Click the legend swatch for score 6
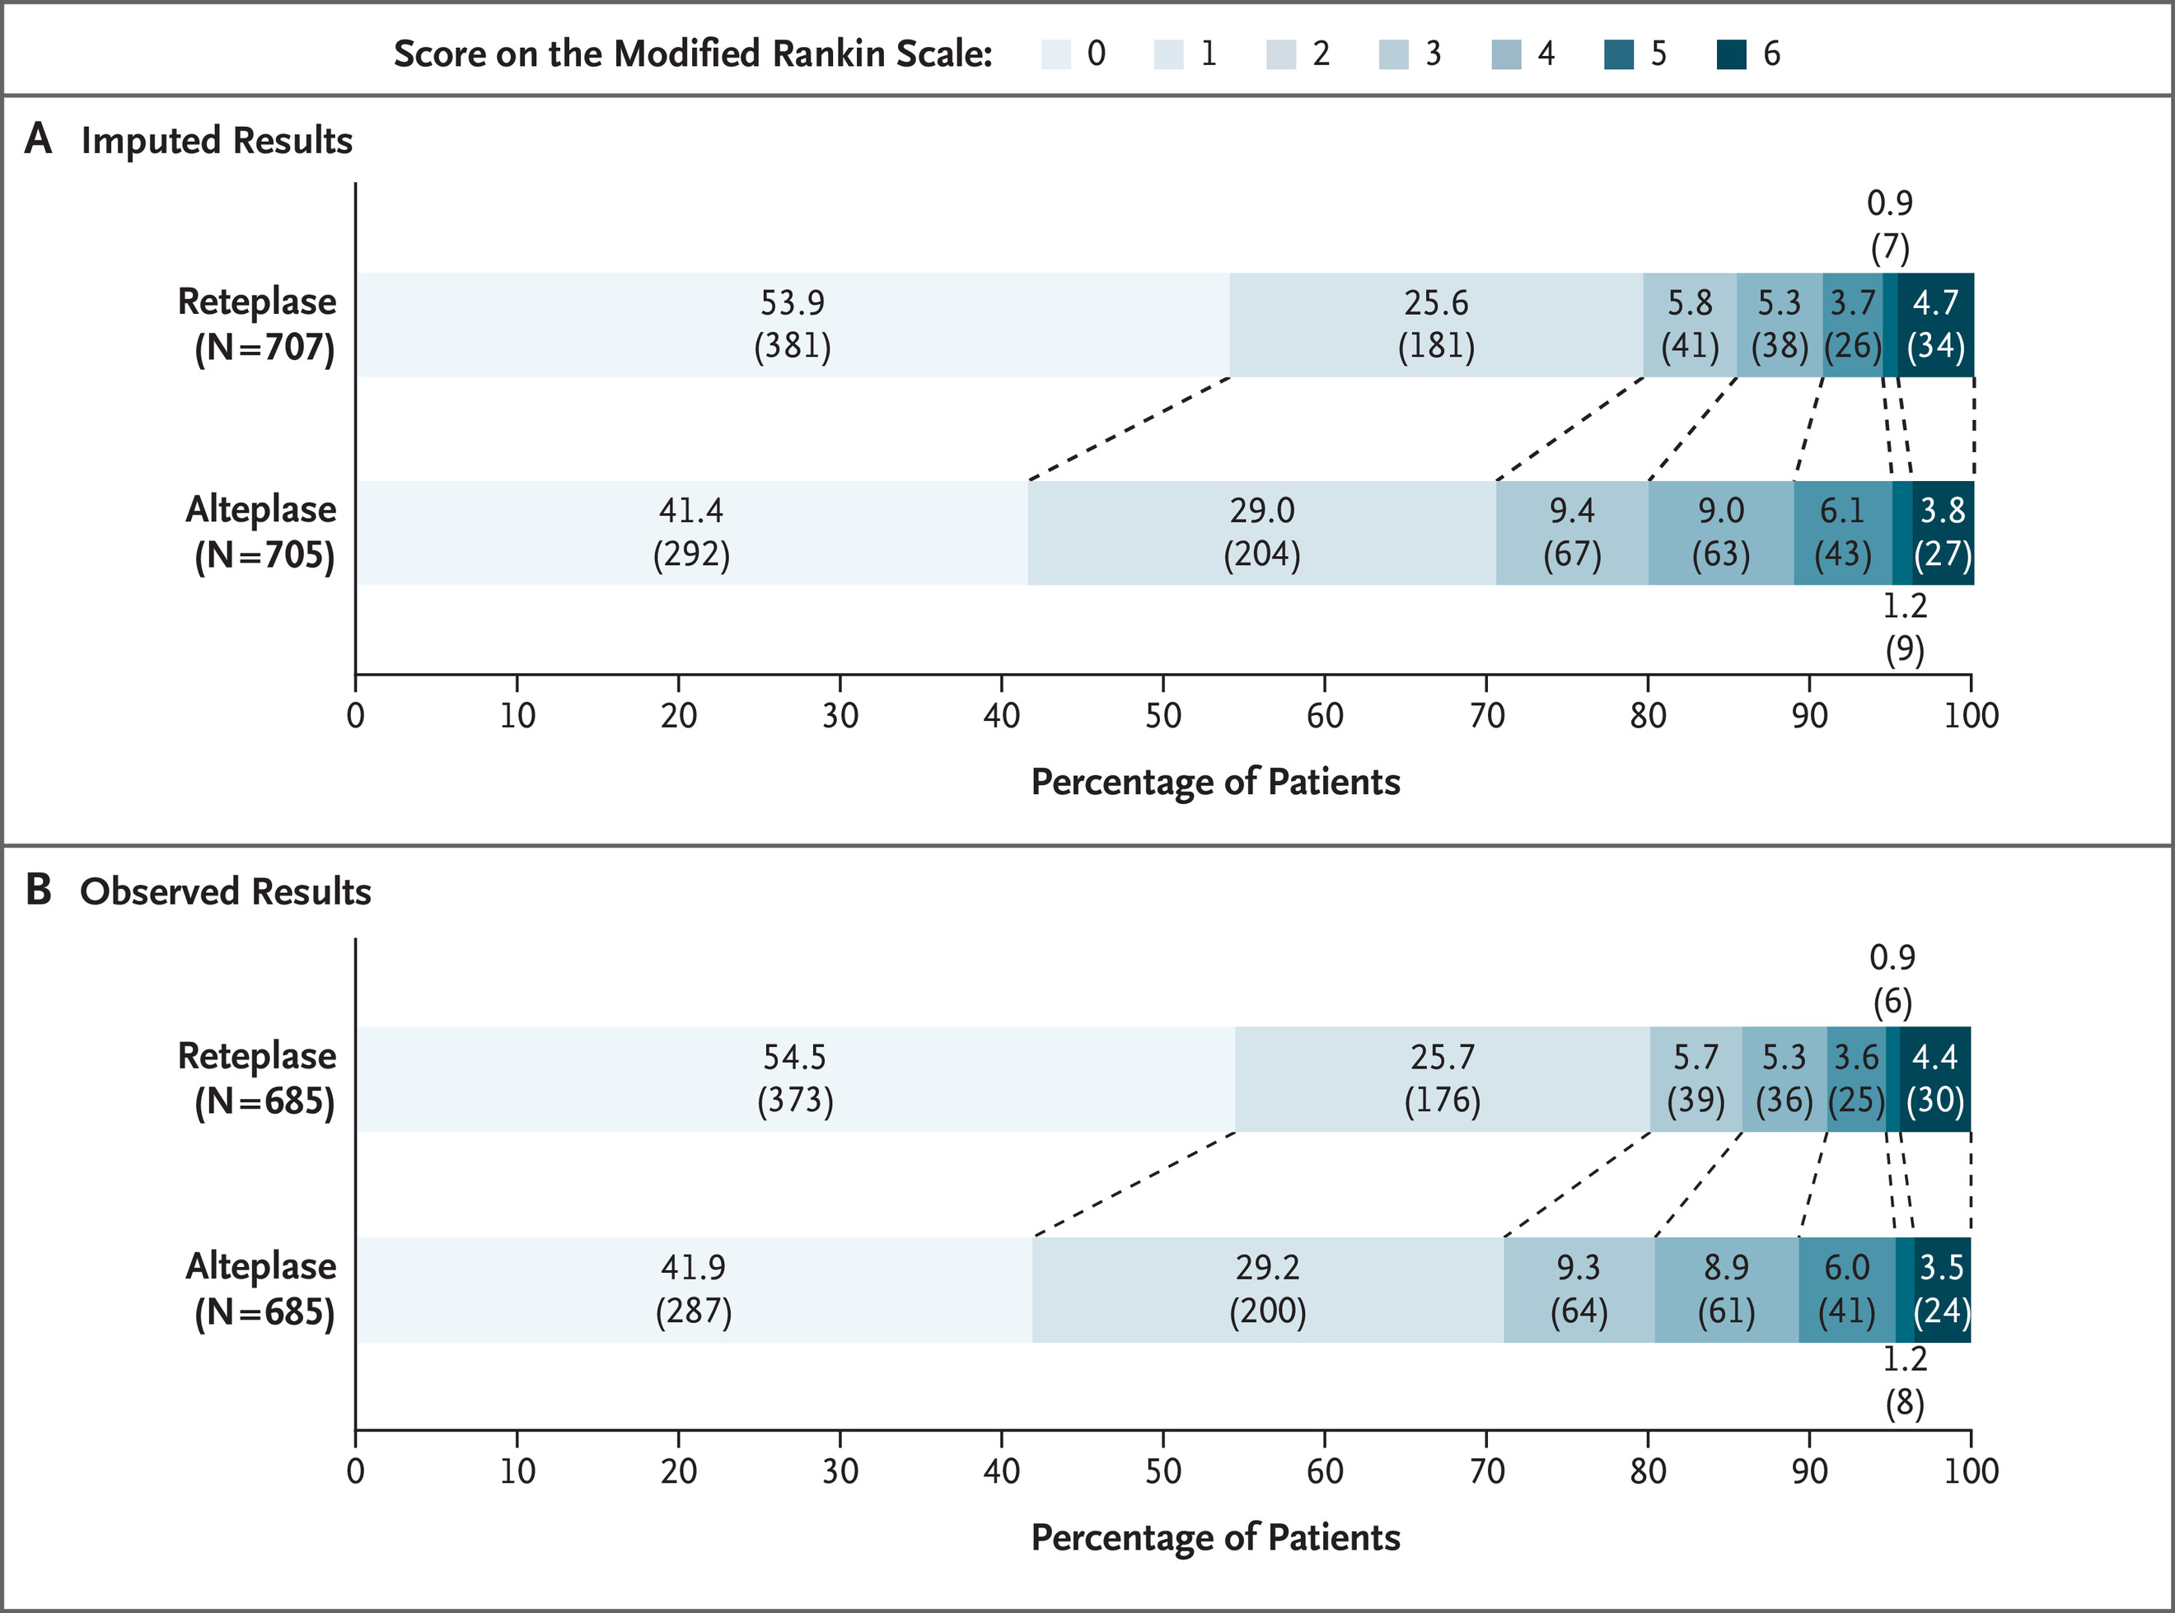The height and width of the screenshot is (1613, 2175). click(x=1731, y=54)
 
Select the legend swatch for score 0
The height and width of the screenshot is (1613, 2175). click(x=1056, y=54)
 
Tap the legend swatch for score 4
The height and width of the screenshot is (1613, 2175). click(x=1506, y=54)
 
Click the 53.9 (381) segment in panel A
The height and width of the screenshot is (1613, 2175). click(x=792, y=324)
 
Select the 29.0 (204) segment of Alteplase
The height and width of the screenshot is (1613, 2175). click(x=1261, y=532)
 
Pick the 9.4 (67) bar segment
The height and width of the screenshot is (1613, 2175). click(x=1572, y=532)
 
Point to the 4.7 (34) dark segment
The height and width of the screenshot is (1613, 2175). click(x=1935, y=324)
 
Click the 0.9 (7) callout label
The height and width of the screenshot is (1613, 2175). click(x=1890, y=225)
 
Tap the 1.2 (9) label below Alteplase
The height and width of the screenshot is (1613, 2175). click(x=1904, y=628)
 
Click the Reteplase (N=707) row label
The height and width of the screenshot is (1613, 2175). click(x=259, y=324)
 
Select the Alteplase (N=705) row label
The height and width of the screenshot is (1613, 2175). click(x=262, y=532)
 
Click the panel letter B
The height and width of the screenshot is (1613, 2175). click(x=38, y=890)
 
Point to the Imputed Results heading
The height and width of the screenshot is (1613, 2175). click(x=217, y=141)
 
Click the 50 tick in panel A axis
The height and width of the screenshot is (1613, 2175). click(x=1162, y=716)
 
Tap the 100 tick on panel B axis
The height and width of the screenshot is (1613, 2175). click(x=1970, y=1470)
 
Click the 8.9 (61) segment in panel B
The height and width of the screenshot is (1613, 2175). click(x=1726, y=1289)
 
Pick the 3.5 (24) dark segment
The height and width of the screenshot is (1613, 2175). click(x=1941, y=1289)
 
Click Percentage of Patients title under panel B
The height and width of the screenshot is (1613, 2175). click(x=1214, y=1537)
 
